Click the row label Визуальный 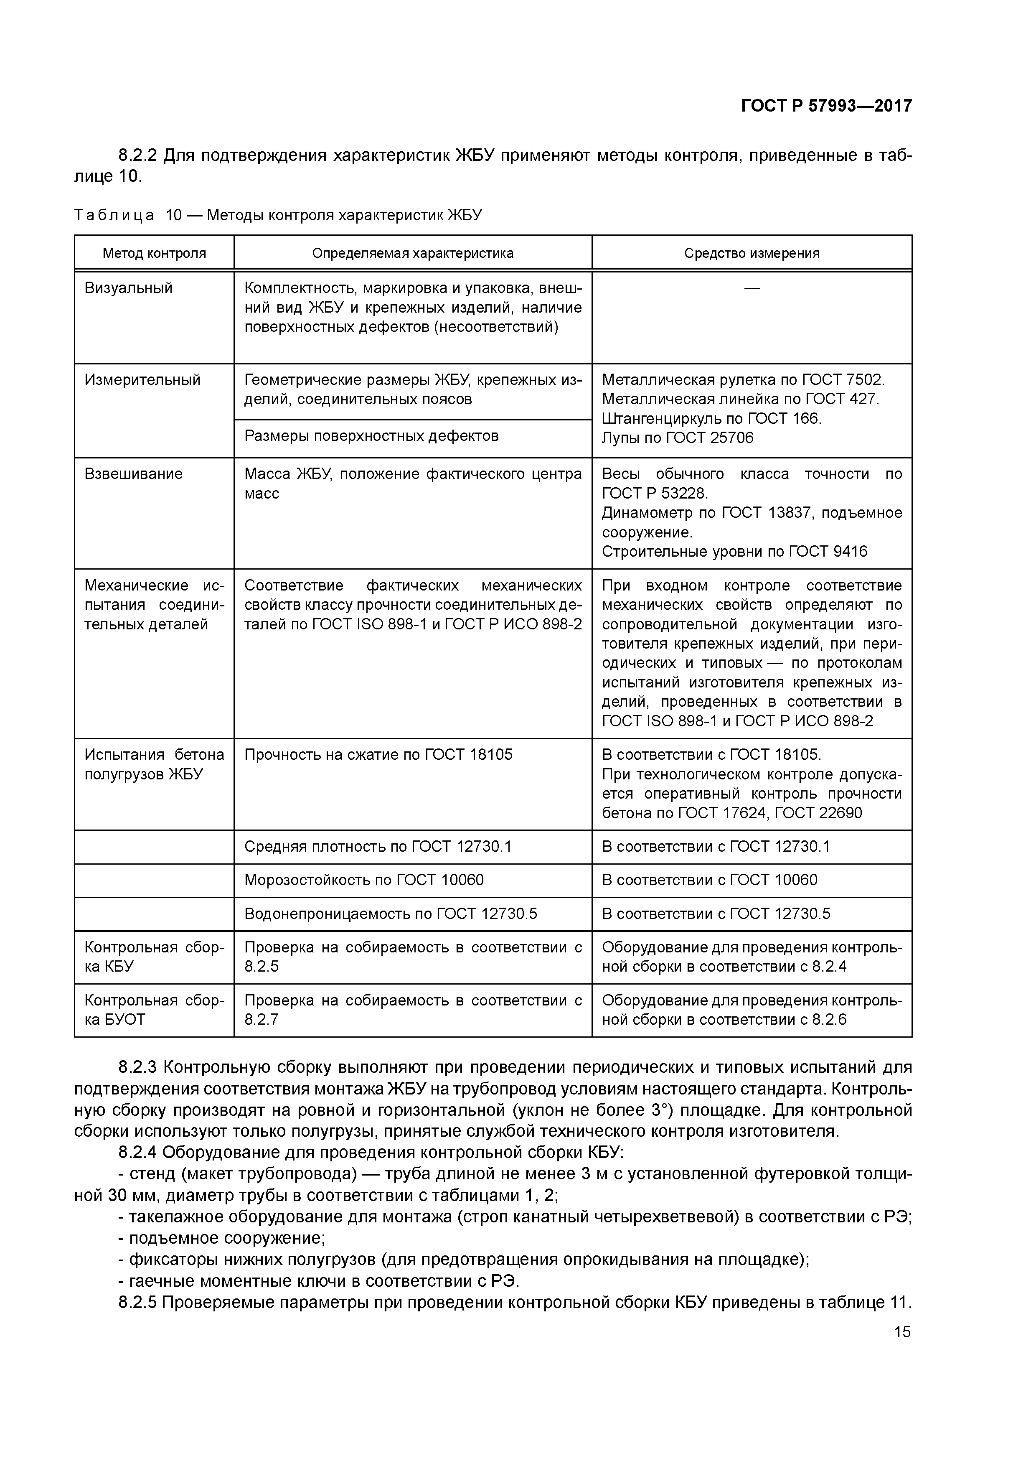pyautogui.click(x=128, y=288)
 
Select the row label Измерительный pyautogui.click(x=142, y=380)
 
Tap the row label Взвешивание pyautogui.click(x=133, y=474)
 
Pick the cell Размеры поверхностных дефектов pyautogui.click(x=371, y=436)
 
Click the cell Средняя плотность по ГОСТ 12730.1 pyautogui.click(x=378, y=847)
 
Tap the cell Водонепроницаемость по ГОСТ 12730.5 pyautogui.click(x=391, y=914)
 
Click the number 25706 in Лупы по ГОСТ pyautogui.click(x=731, y=438)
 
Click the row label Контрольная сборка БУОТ pyautogui.click(x=154, y=1010)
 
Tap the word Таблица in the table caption pyautogui.click(x=114, y=215)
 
